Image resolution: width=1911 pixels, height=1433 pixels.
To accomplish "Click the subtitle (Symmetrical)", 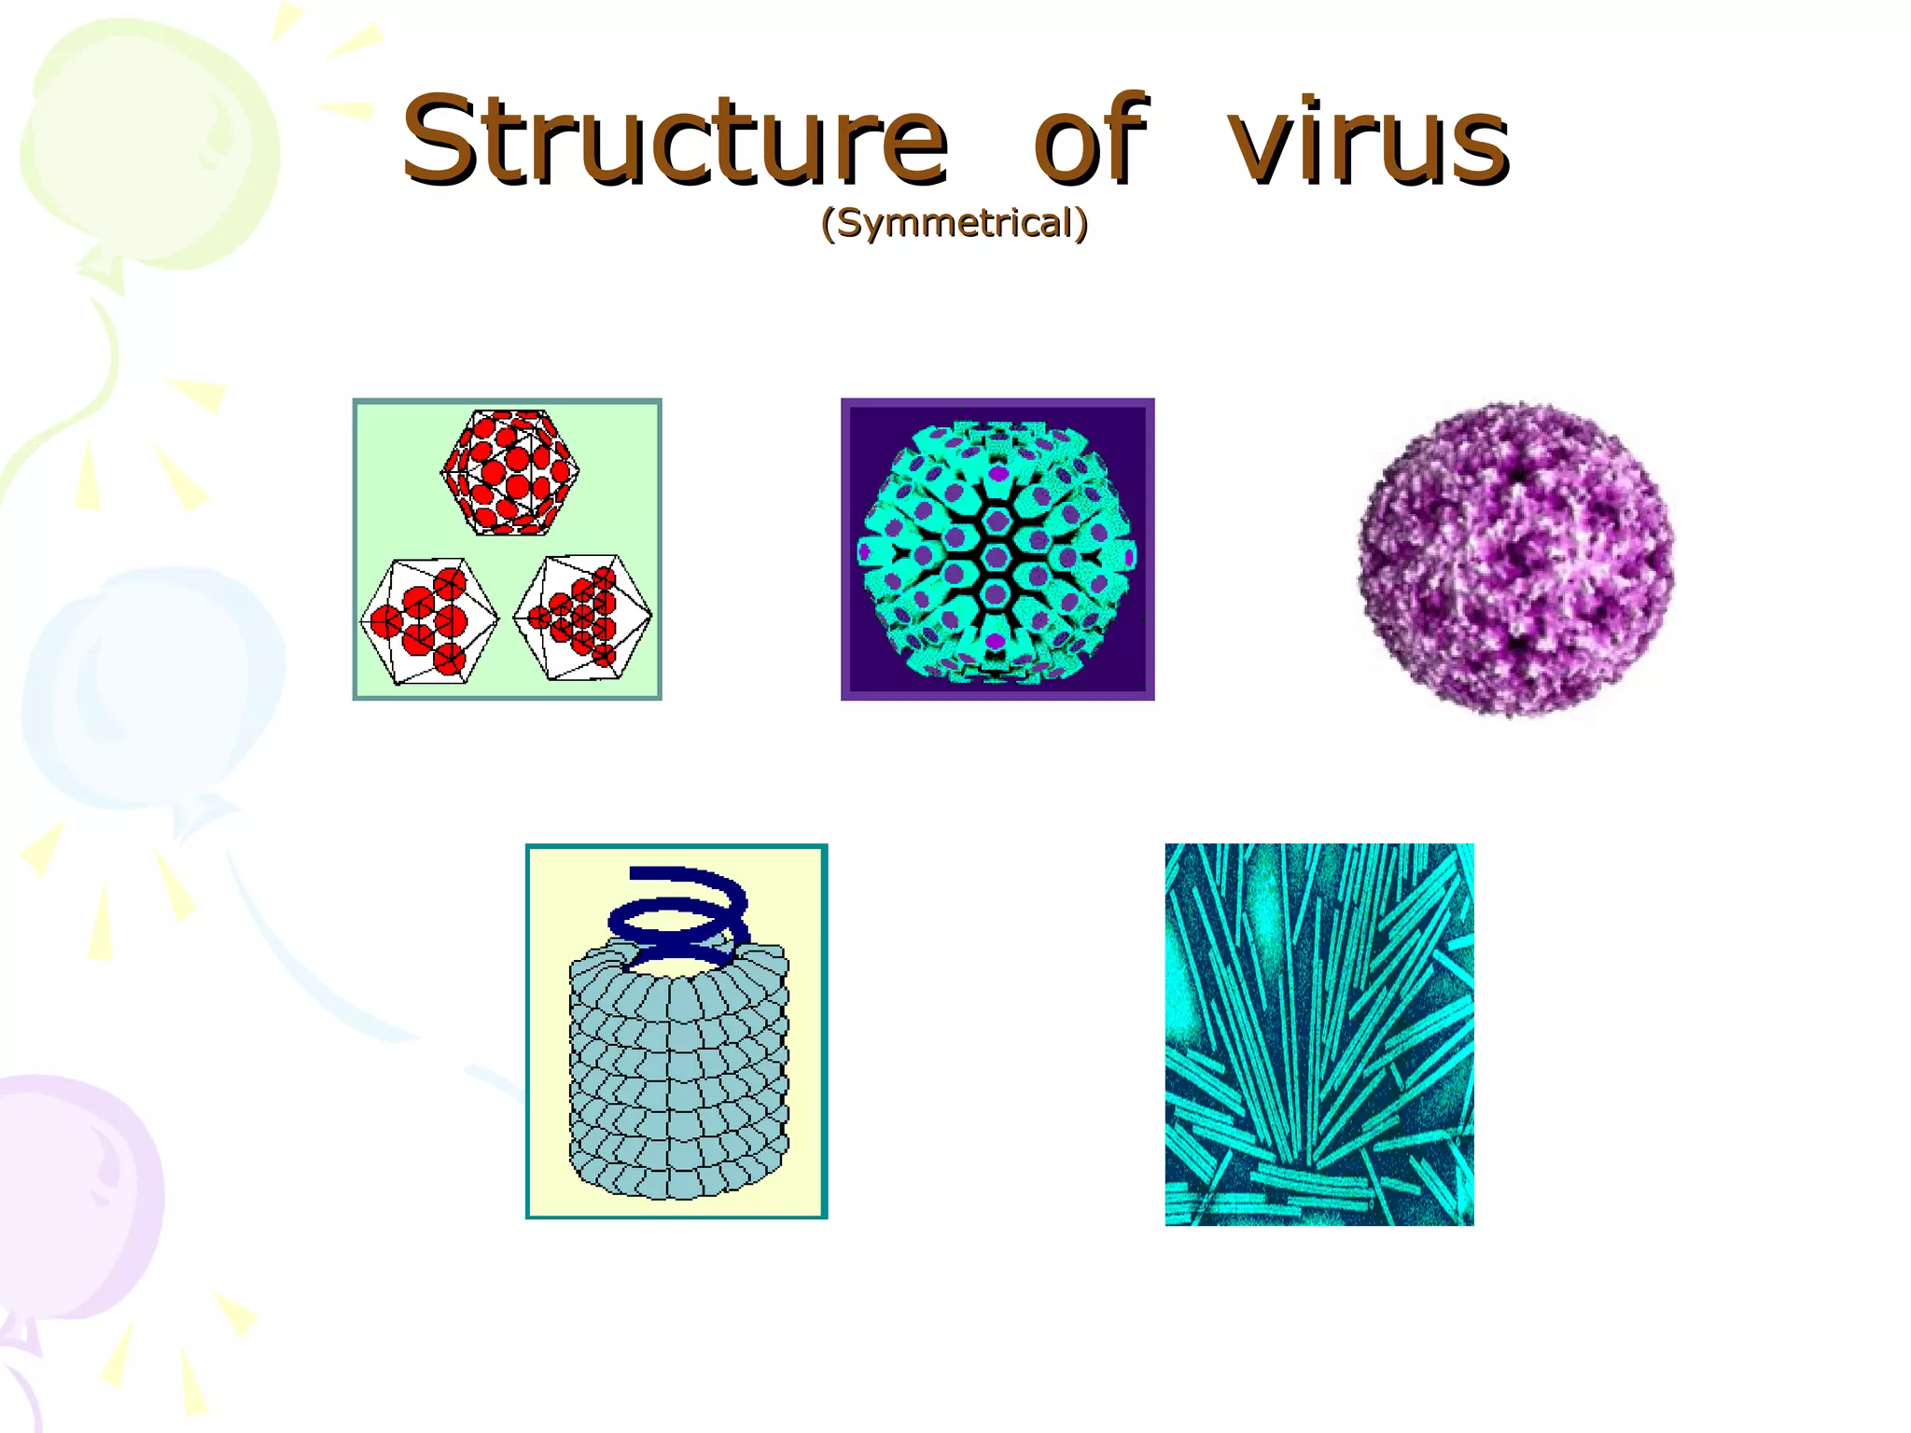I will coord(955,223).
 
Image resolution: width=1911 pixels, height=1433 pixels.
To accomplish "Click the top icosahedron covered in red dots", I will coord(509,473).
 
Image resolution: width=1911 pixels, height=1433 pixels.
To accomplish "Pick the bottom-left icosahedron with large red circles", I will coord(429,621).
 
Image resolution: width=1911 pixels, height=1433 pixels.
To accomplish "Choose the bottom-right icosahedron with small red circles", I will coord(583,617).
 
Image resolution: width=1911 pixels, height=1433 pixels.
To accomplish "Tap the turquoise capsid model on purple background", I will coord(997,550).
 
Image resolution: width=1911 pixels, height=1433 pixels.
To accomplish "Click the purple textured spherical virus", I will coord(1515,558).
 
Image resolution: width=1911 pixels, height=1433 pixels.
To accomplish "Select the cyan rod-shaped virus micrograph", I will coord(1318,1034).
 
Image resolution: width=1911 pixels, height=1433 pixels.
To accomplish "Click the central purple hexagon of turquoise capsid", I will coord(996,558).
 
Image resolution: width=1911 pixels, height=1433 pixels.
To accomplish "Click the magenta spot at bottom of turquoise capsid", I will coord(996,641).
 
